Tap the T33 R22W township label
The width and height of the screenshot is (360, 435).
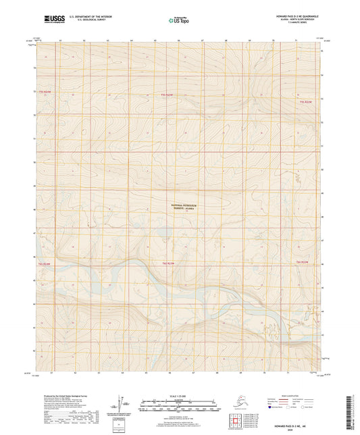[305, 101]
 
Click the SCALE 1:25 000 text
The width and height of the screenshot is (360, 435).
[180, 394]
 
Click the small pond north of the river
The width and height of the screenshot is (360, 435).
[163, 234]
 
